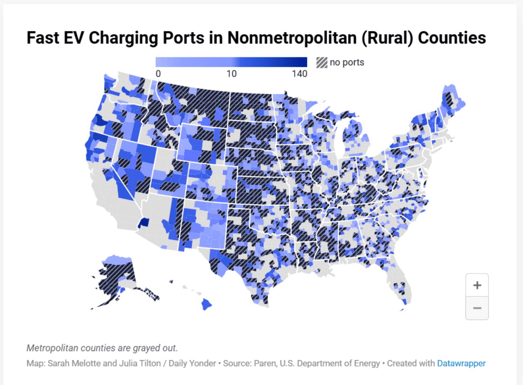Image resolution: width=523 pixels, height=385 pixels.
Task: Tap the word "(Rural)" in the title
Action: (387, 38)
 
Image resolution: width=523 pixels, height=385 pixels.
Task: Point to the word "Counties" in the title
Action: (452, 38)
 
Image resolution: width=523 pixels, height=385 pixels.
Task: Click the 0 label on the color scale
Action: (158, 74)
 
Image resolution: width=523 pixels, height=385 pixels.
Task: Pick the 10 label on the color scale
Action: (231, 74)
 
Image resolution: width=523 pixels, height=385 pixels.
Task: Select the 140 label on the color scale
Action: (299, 74)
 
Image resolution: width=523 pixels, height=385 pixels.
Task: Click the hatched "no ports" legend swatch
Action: (321, 63)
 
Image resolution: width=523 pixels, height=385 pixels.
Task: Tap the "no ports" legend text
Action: (347, 63)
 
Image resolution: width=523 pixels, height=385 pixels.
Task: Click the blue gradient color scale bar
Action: (231, 62)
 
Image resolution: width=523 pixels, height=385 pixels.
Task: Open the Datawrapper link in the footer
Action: (461, 363)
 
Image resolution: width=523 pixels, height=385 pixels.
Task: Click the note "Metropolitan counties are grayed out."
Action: (102, 348)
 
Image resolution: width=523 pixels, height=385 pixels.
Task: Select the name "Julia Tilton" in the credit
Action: (138, 363)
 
